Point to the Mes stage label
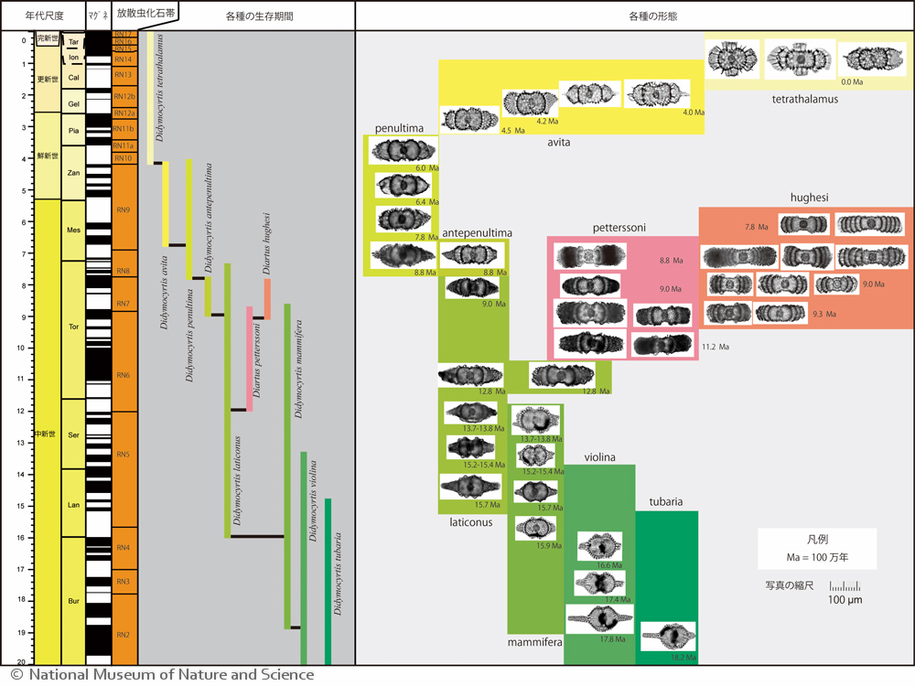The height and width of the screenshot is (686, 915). click(73, 230)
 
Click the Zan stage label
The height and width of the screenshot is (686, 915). click(73, 172)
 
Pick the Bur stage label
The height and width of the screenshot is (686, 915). click(73, 600)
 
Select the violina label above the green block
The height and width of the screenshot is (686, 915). click(599, 456)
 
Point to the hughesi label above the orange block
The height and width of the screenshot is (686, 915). click(810, 198)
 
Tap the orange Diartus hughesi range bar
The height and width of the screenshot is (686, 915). click(267, 298)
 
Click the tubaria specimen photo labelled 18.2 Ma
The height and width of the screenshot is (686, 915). click(668, 636)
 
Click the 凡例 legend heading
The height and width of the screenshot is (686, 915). click(816, 541)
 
